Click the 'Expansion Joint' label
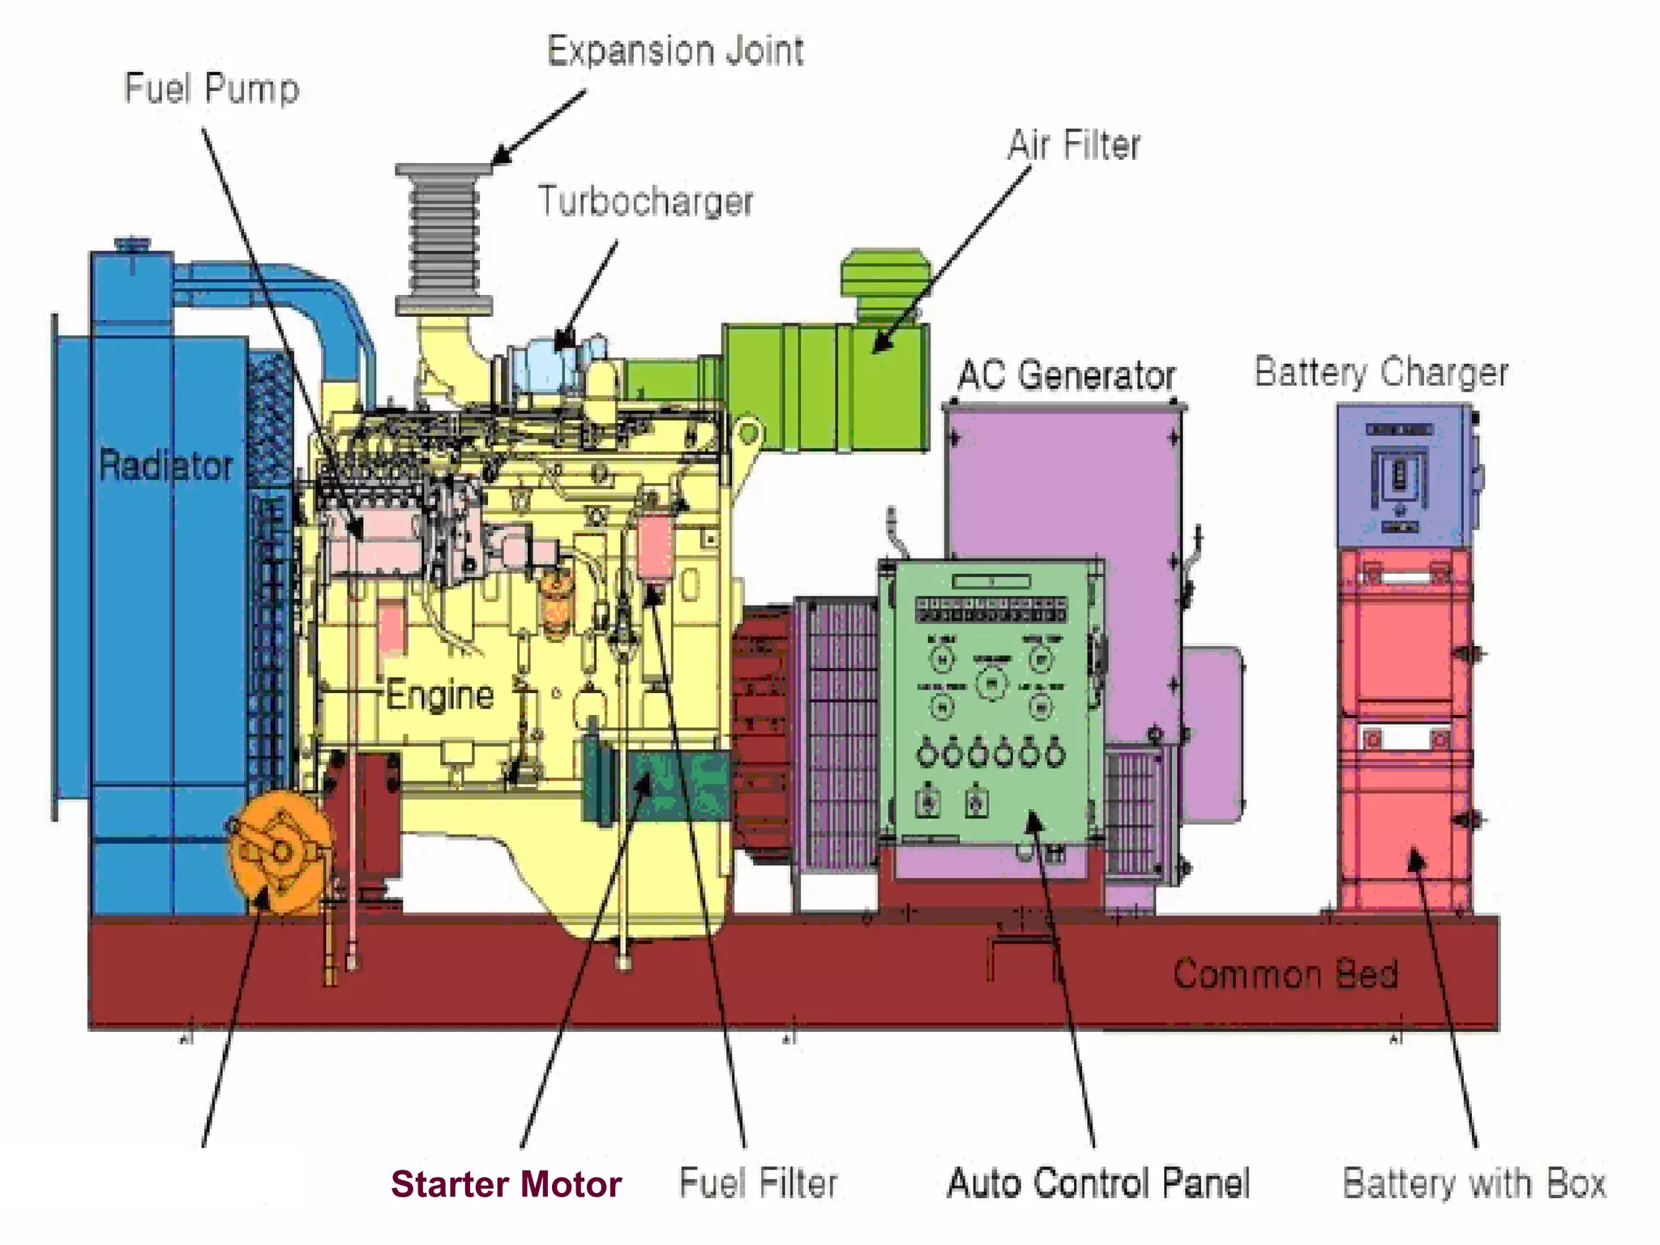point(675,50)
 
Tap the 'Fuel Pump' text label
point(212,88)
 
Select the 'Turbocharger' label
point(645,201)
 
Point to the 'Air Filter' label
point(1073,145)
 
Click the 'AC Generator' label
point(1066,375)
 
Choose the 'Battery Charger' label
point(1381,372)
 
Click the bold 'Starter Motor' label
point(506,1184)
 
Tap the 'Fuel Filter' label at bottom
point(758,1183)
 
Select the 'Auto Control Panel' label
point(1098,1183)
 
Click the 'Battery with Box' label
point(1474,1183)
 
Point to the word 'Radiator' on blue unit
point(165,465)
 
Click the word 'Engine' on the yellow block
point(439,695)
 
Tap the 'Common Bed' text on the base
point(1286,973)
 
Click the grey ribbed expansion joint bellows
point(443,239)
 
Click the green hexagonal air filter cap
point(885,276)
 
